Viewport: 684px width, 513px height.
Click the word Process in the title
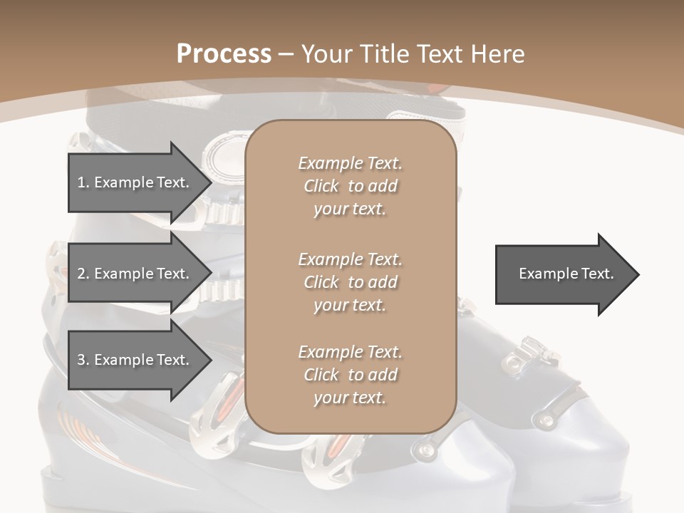[x=224, y=53]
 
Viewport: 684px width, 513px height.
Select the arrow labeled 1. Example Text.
[x=135, y=182]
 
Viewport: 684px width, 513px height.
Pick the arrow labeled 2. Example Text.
[x=135, y=274]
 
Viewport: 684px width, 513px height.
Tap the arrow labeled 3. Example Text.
[x=135, y=360]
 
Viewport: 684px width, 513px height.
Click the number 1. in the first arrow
[x=83, y=182]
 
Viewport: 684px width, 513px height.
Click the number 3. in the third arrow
[x=83, y=360]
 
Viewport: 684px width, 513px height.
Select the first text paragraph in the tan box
[x=350, y=186]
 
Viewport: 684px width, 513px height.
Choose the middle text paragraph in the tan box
[x=350, y=282]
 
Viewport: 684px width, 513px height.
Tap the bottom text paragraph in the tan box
[x=350, y=375]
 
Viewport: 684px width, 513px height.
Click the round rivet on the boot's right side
[x=546, y=421]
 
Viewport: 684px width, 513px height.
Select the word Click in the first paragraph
[x=321, y=186]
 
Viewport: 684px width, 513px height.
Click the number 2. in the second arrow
[x=83, y=274]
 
